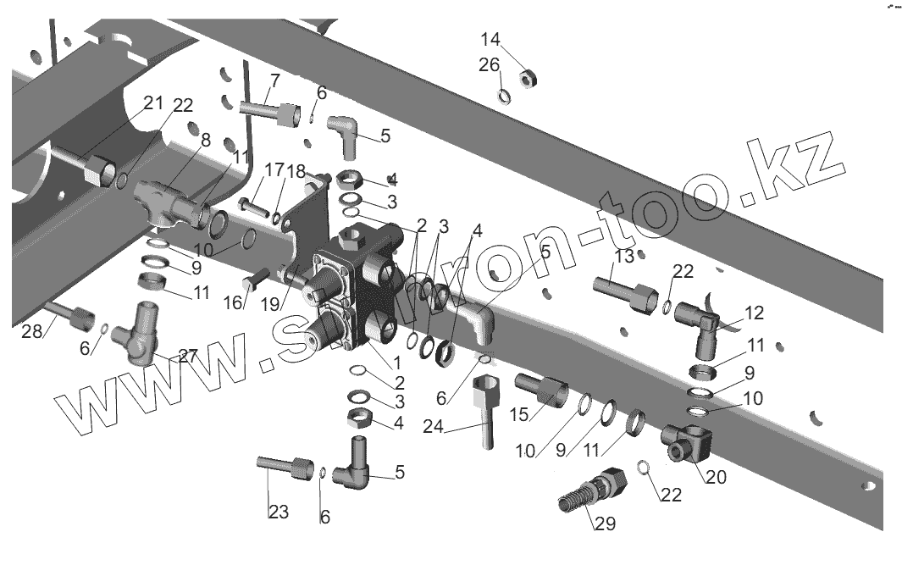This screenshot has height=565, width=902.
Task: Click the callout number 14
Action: [491, 40]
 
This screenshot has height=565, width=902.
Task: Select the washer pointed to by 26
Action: [504, 95]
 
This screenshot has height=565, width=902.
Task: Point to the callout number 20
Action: [716, 477]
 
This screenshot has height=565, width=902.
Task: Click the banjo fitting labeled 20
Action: [688, 442]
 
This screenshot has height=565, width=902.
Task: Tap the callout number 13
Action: [624, 257]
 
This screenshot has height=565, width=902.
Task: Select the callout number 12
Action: [753, 313]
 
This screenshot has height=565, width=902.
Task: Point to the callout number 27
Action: [187, 356]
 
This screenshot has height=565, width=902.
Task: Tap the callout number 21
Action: [152, 103]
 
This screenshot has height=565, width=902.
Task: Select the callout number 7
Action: [274, 81]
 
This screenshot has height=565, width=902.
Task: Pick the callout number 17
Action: [250, 169]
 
